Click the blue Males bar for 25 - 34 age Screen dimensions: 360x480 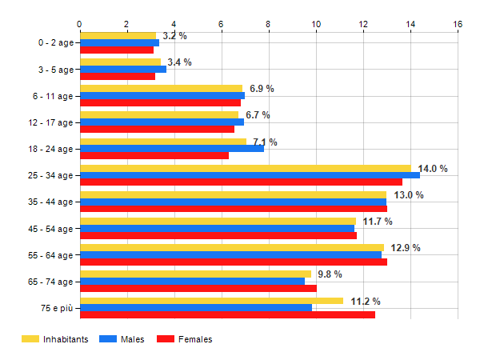tap(250, 175)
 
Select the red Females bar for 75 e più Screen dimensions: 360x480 tap(227, 314)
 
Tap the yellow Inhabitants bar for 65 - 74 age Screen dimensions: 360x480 tap(195, 274)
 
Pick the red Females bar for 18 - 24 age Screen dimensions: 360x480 tap(154, 155)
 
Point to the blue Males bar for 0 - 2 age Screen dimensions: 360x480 tap(119, 42)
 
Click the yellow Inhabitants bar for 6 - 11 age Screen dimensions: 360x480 tap(161, 88)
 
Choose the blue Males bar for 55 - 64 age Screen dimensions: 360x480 tap(230, 255)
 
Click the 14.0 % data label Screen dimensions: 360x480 tap(433, 169)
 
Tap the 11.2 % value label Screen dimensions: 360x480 tap(366, 302)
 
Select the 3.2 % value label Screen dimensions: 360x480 tap(174, 36)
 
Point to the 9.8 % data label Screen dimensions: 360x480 tap(330, 274)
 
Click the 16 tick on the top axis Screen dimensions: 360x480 tap(458, 25)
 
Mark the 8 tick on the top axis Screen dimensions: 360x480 tap(269, 25)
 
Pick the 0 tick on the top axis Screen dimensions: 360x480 tap(79, 25)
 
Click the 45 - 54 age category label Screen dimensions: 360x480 tap(50, 229)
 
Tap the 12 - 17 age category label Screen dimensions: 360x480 tap(50, 122)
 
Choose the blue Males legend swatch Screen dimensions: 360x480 tap(108, 339)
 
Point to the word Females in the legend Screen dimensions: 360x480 tap(196, 339)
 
